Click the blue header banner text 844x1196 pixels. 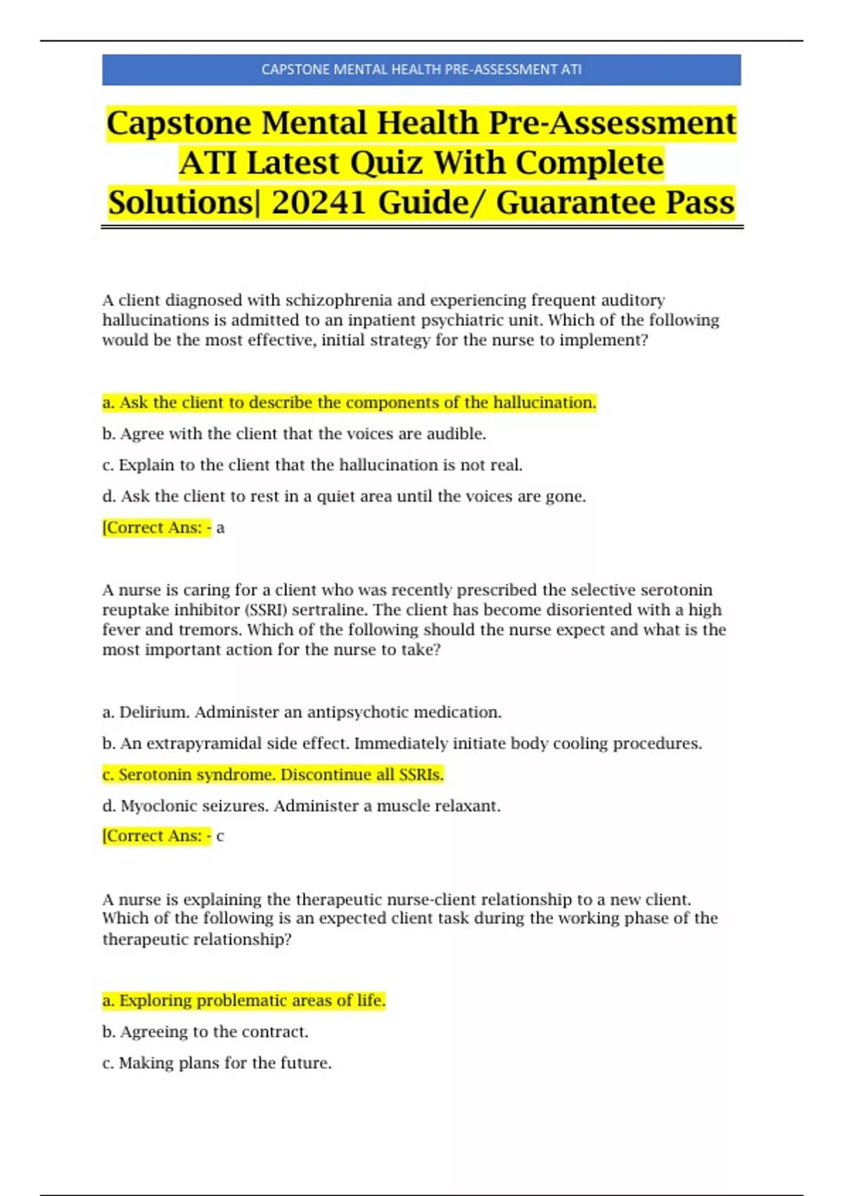pos(421,70)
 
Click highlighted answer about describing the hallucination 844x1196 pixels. pos(349,402)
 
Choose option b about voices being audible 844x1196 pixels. pos(294,434)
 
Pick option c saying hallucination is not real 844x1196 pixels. pos(312,465)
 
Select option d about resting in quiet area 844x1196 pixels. pos(344,497)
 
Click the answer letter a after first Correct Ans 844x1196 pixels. pos(220,528)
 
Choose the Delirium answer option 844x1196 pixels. pos(302,712)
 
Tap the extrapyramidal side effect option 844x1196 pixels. pos(402,744)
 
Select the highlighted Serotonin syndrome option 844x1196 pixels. pos(273,775)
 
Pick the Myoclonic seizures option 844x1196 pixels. pos(301,806)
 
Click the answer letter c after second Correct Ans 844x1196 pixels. pos(220,836)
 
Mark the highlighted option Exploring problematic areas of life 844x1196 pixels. pos(243,1000)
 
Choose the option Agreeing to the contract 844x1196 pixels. pos(205,1032)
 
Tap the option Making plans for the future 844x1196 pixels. pos(217,1063)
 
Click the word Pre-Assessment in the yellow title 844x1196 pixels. pos(612,123)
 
